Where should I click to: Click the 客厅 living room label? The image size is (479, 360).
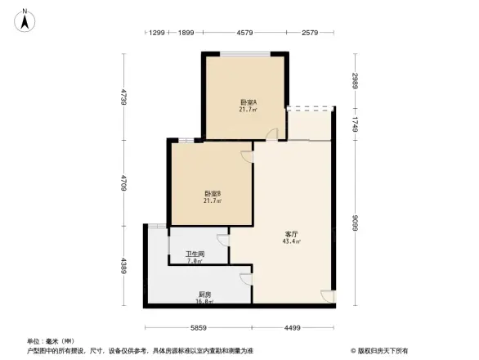(x=291, y=233)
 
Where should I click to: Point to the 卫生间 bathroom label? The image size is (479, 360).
(x=195, y=254)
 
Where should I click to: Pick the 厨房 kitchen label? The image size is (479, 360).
(x=205, y=294)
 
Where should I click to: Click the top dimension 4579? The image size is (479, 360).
(x=244, y=33)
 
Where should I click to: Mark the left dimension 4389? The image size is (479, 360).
(x=123, y=267)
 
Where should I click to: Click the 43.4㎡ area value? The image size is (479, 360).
(x=291, y=242)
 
